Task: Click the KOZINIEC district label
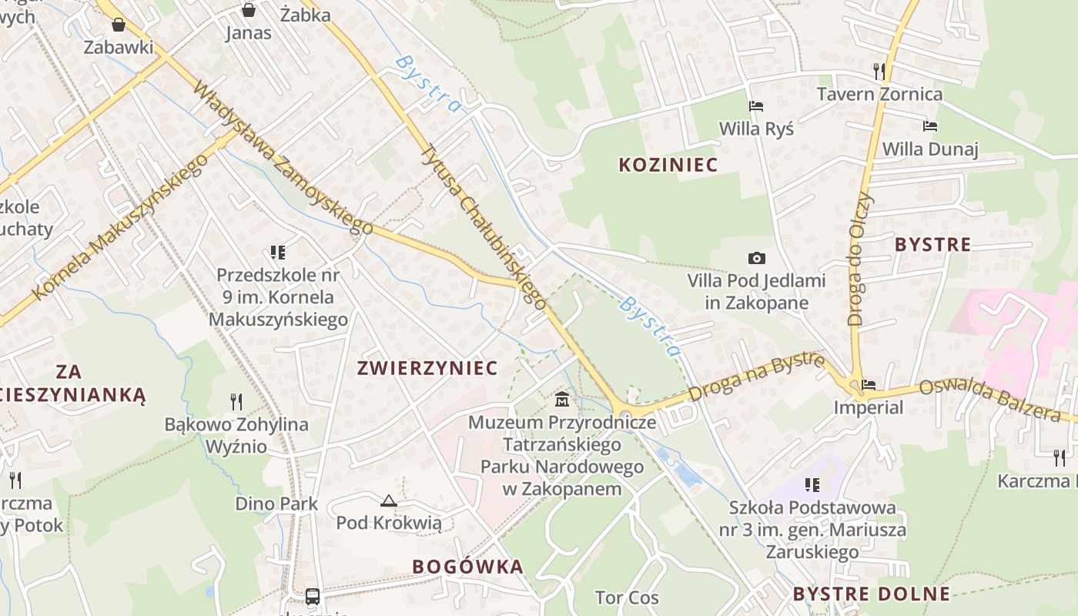668,165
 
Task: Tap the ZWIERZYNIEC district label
427,368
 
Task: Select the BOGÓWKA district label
467,567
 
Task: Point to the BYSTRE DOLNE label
871,594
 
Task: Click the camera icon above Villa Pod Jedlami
756,259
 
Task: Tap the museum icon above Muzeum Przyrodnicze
562,400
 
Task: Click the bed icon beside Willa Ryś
756,106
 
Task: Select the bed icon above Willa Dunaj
930,126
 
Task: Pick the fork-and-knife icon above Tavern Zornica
879,72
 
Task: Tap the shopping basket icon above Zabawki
119,25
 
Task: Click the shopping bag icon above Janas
248,10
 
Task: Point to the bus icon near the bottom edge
313,596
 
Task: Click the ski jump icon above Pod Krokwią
389,501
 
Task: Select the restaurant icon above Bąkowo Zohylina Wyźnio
236,401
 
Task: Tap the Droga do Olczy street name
861,259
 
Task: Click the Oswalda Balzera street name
990,400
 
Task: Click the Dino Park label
276,504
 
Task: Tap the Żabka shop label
306,15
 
